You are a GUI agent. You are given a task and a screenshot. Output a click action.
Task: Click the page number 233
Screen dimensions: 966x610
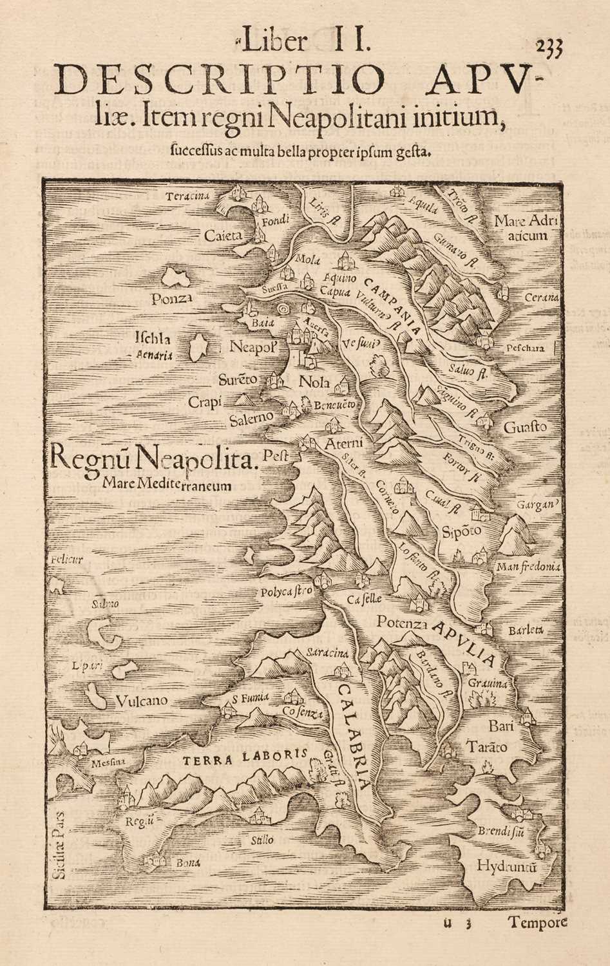[549, 48]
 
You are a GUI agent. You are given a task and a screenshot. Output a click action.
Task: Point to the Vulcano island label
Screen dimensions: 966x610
[142, 701]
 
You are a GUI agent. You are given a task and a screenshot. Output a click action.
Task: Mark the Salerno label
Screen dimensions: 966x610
[251, 419]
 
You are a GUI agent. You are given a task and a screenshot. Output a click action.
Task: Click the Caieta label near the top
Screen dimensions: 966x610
[224, 236]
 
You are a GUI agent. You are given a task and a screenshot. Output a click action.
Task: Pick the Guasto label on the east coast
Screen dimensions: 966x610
[525, 426]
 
